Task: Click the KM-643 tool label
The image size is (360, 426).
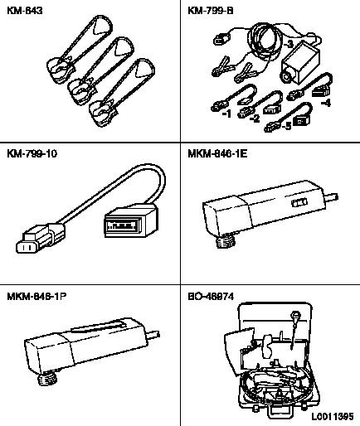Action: pyautogui.click(x=25, y=11)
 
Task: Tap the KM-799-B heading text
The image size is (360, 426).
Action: pyautogui.click(x=211, y=11)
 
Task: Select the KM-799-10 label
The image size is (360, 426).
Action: pyautogui.click(x=32, y=153)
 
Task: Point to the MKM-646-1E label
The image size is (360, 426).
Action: pyautogui.click(x=217, y=153)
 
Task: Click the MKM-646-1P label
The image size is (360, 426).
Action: pyautogui.click(x=36, y=297)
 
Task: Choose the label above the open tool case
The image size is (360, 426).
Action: pyautogui.click(x=211, y=297)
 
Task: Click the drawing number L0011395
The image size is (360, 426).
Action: pyautogui.click(x=333, y=416)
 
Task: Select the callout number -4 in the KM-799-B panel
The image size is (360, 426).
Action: pyautogui.click(x=326, y=103)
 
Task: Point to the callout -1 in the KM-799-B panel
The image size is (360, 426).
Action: pyautogui.click(x=226, y=114)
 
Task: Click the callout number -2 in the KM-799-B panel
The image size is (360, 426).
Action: pyautogui.click(x=255, y=119)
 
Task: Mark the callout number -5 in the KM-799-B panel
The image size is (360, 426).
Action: pyautogui.click(x=287, y=126)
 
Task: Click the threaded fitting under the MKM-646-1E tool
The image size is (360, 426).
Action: pyautogui.click(x=226, y=240)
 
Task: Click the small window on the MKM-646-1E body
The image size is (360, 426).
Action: pyautogui.click(x=299, y=202)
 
